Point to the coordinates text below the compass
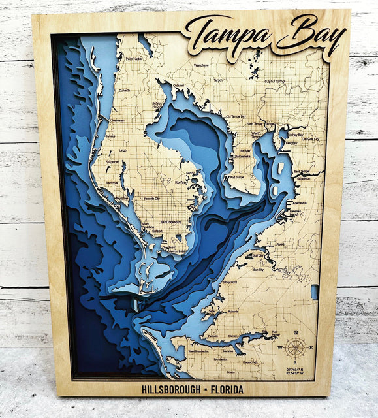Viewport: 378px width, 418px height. [296, 372]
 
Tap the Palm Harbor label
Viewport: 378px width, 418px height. [134, 59]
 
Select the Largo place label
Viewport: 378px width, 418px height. [121, 150]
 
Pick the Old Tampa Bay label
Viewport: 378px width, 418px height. [236, 116]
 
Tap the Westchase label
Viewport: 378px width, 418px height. [201, 65]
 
